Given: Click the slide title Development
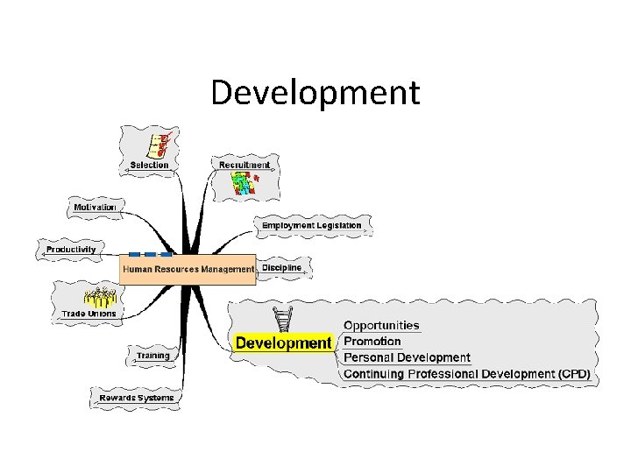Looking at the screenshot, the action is (315, 92).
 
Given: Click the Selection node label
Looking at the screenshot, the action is (149, 165).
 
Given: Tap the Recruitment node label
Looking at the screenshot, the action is (245, 165).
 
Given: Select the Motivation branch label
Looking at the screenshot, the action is (95, 208).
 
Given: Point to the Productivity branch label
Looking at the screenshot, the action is (71, 250).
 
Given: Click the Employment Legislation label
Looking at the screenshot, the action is (311, 225).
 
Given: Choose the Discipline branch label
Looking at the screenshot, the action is (281, 267).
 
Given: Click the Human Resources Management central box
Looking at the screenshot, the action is (188, 269).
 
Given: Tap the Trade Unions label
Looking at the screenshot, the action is (89, 313).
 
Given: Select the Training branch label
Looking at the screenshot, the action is (152, 357).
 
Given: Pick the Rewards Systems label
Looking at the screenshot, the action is (136, 398).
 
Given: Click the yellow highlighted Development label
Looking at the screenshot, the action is (284, 342).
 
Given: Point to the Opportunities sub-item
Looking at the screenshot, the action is (381, 326).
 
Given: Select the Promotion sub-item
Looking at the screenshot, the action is (372, 342).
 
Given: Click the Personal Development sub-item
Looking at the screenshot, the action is (407, 357).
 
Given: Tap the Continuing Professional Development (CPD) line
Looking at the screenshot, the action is (466, 374).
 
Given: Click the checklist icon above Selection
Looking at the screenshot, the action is (157, 143).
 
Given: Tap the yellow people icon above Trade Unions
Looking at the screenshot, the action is (98, 296).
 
